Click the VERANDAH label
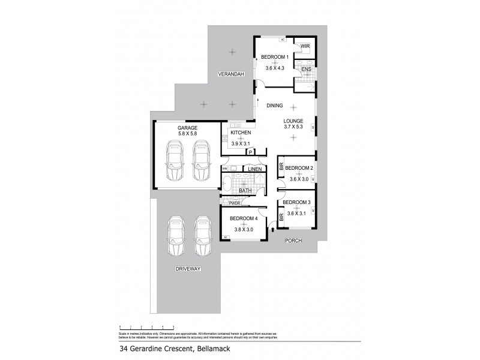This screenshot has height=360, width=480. tap(231, 74)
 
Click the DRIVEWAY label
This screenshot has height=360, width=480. tap(188, 268)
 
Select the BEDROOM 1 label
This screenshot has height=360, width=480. tap(275, 57)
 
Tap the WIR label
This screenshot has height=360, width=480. tap(305, 46)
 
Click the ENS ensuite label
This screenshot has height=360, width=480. tap(306, 70)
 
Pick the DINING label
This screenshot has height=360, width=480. tap(275, 106)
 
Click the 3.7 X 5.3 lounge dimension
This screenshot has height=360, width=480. tap(293, 127)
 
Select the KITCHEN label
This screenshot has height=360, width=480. tap(241, 133)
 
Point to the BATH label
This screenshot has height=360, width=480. tap(245, 191)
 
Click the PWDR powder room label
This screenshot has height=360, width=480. tap(234, 203)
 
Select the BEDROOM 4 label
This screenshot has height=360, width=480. tap(243, 219)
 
